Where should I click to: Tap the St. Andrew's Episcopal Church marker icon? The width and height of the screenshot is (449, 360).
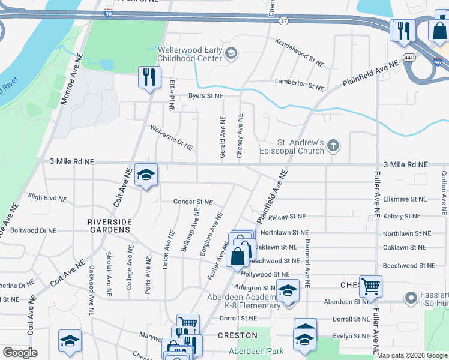(x=333, y=145)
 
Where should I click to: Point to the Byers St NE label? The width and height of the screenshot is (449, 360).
(x=205, y=96)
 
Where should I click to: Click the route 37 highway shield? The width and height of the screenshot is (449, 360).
(x=284, y=20)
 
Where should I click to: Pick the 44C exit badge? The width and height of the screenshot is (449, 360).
(x=409, y=57)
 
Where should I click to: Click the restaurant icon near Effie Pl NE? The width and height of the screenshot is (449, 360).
(x=149, y=77)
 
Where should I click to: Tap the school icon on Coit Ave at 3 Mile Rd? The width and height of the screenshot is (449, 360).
(x=146, y=175)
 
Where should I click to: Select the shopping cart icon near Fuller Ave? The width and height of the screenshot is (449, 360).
(x=370, y=287)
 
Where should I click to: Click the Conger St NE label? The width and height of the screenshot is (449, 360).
(x=193, y=202)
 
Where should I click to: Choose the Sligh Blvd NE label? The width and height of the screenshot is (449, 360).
(x=47, y=197)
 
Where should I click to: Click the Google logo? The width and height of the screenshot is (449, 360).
(x=20, y=353)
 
